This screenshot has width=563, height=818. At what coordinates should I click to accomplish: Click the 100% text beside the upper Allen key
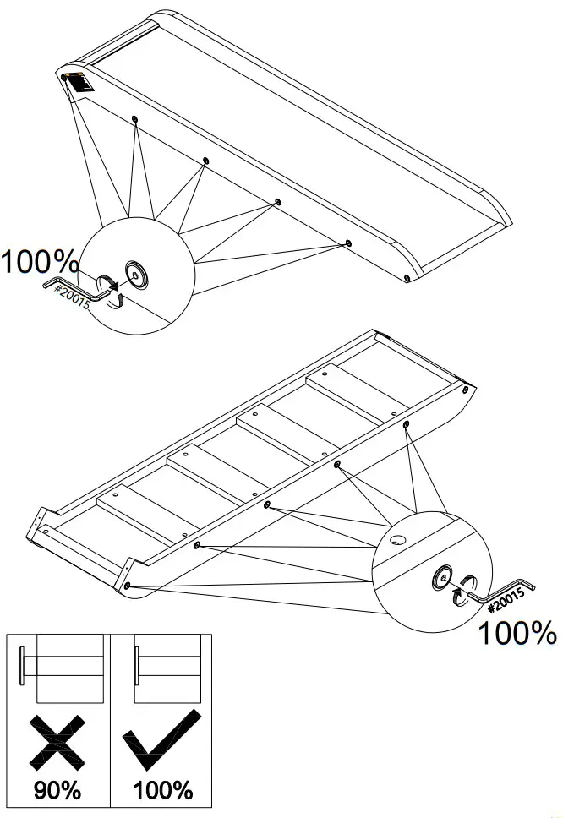[40, 261]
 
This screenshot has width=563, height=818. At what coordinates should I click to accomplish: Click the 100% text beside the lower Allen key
[518, 632]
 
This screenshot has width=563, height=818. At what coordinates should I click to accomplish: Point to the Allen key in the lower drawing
[503, 592]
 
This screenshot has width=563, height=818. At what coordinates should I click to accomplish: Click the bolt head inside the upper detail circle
[134, 272]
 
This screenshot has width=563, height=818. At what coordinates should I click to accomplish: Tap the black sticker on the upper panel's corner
[81, 84]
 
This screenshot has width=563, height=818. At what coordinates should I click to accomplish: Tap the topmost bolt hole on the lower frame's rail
[466, 390]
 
